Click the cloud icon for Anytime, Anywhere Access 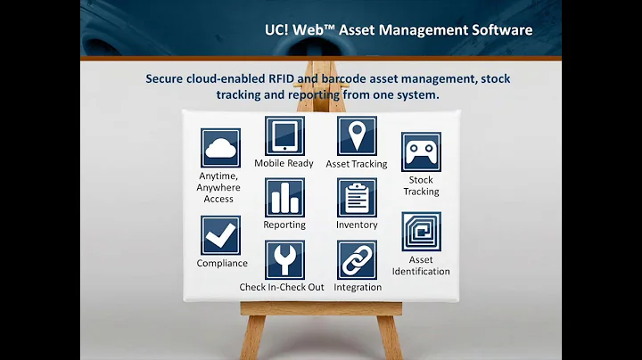[x=220, y=148]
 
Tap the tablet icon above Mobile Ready [x=284, y=135]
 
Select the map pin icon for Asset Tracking [x=357, y=135]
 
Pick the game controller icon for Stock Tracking [x=421, y=152]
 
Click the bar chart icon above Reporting [x=284, y=197]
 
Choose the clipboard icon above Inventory [x=357, y=197]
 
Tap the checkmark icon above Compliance [x=220, y=235]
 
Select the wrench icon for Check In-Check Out [x=284, y=259]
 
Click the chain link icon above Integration [x=357, y=259]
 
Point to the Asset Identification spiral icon [x=421, y=231]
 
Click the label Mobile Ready [x=284, y=164]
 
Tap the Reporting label [x=284, y=225]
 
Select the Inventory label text [x=357, y=225]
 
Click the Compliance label [x=222, y=264]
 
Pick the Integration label [x=358, y=288]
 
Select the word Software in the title [x=502, y=30]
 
